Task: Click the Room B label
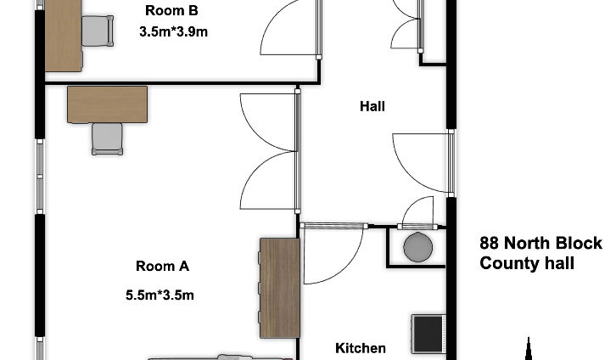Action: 171,10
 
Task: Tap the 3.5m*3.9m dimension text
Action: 173,31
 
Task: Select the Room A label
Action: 162,266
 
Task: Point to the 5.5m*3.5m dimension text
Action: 160,295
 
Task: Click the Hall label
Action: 372,106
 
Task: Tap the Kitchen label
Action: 361,348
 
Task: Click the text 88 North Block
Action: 541,243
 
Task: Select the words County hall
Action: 527,263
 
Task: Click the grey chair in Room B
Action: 98,31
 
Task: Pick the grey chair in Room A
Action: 107,138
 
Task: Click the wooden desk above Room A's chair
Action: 107,104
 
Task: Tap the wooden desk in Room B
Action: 64,36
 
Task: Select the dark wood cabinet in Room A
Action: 280,288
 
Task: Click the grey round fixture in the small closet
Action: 418,247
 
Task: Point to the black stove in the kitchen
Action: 428,334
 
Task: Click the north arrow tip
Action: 529,338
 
